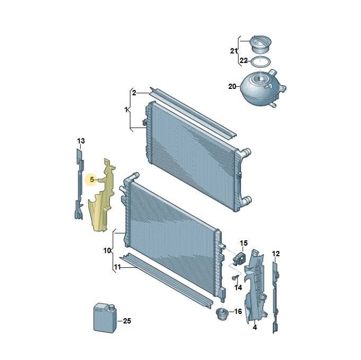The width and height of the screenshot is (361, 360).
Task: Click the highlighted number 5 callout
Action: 92,179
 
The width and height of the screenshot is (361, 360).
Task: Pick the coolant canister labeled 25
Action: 105,318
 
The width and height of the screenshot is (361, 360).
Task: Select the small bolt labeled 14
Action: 234,278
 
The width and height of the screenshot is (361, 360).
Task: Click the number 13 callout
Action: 81,141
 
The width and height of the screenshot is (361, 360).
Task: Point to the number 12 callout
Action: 276,254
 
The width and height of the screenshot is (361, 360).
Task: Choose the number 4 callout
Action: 254,327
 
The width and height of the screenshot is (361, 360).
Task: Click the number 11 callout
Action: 117,267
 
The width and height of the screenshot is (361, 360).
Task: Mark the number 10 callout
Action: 107,250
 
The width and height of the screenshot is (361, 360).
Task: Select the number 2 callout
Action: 134,93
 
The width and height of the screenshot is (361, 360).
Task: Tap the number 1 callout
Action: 126,110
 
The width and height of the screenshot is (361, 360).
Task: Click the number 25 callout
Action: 127,321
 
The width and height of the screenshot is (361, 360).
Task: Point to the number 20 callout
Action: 232,86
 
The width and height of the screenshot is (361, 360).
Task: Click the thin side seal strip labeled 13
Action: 79,184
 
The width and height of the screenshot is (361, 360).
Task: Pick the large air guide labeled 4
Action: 255,285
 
